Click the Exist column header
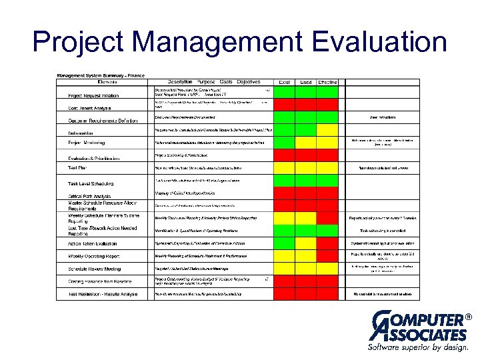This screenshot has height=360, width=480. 285,82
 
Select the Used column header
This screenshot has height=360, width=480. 306,82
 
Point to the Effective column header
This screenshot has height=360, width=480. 327,82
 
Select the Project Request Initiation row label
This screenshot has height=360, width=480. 97,95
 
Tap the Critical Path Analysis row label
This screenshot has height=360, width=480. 89,195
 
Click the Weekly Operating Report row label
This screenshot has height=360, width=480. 95,256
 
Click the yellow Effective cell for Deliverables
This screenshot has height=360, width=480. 327,130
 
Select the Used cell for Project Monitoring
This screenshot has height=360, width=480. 306,142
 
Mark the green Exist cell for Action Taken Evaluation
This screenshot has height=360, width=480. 285,243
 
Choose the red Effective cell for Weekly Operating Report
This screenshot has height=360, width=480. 327,256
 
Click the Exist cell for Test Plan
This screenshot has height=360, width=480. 285,168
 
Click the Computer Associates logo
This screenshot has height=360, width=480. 417,327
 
